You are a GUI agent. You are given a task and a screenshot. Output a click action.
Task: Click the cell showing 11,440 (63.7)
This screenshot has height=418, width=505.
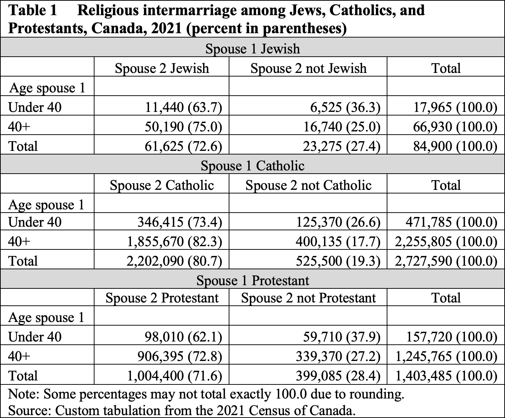pos(183,107)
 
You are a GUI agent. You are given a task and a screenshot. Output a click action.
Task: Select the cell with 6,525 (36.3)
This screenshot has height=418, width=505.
pos(345,107)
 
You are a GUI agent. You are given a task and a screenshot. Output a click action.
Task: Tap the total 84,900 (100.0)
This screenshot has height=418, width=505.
pos(455,146)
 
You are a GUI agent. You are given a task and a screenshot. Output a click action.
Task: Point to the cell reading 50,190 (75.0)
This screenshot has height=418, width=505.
pos(183,127)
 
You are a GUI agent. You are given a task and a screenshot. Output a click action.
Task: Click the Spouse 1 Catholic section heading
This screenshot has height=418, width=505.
pos(252,166)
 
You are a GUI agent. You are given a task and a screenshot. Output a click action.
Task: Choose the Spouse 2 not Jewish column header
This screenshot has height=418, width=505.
pos(308,68)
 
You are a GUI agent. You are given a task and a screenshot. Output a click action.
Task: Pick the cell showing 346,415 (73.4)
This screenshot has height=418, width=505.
pos(180,222)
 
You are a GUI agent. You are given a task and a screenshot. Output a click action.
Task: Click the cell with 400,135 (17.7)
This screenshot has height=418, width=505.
pos(338,241)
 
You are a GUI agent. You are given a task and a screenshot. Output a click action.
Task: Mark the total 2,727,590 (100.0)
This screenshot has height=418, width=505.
pos(446,261)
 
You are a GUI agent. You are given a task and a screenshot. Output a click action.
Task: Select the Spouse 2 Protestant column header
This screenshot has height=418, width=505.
pos(162,297)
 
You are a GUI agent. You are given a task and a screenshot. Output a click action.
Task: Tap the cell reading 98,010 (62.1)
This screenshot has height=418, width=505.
pos(183,337)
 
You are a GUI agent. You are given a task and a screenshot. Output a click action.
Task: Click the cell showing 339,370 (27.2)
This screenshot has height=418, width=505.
pos(338,356)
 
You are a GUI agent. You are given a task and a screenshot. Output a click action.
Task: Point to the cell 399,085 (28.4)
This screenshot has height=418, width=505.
pos(338,376)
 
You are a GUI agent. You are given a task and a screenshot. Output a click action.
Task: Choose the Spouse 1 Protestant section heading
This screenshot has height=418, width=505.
pos(252,280)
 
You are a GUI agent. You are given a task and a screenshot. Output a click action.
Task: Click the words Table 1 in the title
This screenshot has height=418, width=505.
pos(33,11)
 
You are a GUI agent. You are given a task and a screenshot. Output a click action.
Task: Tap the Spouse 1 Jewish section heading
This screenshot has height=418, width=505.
pos(252,49)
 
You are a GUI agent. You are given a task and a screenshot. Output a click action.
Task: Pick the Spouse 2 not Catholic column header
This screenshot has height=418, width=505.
pos(308,186)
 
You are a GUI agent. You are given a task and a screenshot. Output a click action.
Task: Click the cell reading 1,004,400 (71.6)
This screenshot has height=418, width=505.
pos(174,376)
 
